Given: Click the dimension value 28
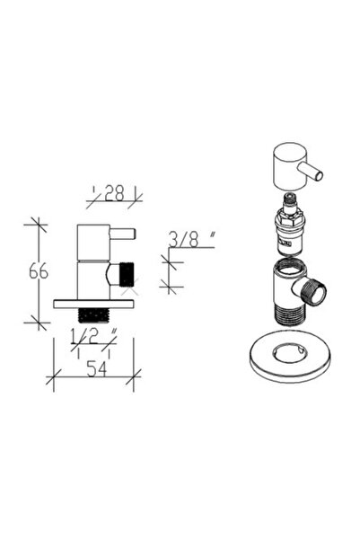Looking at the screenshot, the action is tap(114, 193).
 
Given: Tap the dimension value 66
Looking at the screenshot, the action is tap(39, 271).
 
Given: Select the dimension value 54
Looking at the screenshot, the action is tap(97, 369).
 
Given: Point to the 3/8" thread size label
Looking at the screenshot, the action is tap(192, 239).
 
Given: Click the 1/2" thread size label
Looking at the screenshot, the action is tap(93, 336).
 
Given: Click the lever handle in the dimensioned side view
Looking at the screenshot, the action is tap(122, 235).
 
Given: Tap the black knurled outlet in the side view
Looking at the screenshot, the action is tap(127, 274).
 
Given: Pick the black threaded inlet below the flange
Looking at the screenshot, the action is tap(93, 315).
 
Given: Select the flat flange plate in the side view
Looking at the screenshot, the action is tap(93, 304).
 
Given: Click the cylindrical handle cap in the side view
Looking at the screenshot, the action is tap(93, 243).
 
